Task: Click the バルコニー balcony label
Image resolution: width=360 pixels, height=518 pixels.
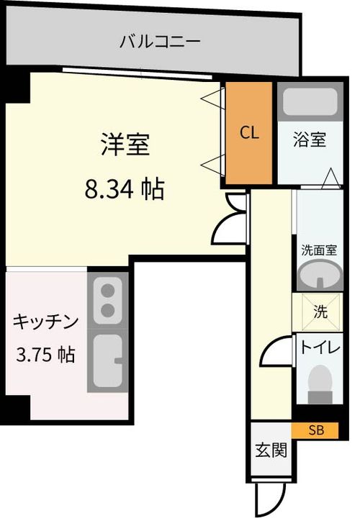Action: [160, 41]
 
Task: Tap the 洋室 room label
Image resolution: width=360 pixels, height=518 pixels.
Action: [124, 145]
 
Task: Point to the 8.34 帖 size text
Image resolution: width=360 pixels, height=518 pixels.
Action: [124, 189]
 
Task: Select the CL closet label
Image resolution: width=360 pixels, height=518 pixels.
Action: [248, 132]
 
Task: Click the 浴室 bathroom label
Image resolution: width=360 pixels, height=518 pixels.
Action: [310, 140]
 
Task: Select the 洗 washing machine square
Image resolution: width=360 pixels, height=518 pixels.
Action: [318, 312]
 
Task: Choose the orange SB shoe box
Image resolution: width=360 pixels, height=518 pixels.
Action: [315, 430]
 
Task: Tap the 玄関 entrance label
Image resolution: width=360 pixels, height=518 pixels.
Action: [271, 451]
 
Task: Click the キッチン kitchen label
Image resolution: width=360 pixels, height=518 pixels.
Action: [45, 322]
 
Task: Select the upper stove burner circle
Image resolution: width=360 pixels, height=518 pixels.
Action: [109, 292]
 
